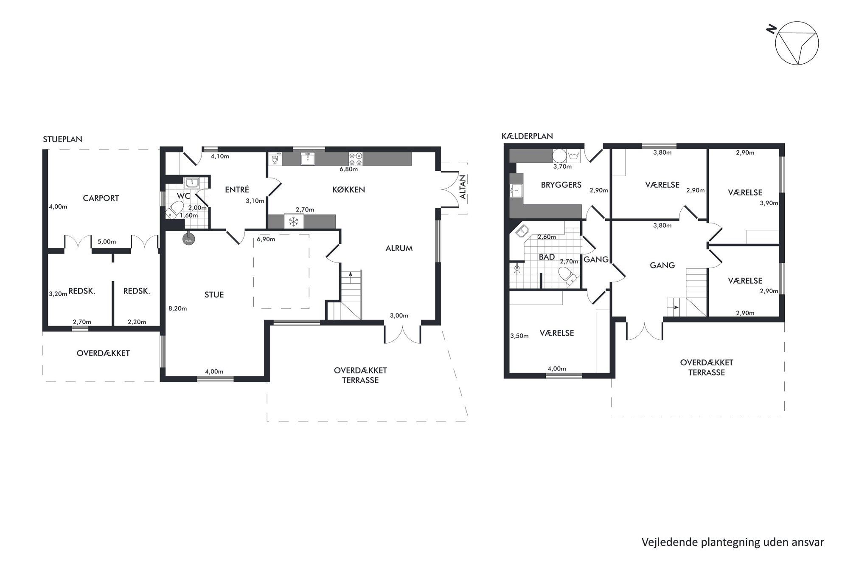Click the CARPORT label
(101, 198)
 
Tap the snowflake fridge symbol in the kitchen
(294, 221)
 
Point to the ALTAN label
(463, 187)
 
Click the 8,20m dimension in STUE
(178, 308)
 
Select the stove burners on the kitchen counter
(355, 159)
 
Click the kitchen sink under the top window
(308, 159)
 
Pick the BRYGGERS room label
(561, 185)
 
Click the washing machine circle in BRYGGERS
(559, 156)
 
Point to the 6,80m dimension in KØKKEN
(348, 169)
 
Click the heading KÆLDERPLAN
(527, 136)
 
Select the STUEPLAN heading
(62, 139)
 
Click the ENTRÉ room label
(237, 190)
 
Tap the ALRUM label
(399, 249)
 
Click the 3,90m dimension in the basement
(769, 203)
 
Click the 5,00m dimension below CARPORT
(107, 242)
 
